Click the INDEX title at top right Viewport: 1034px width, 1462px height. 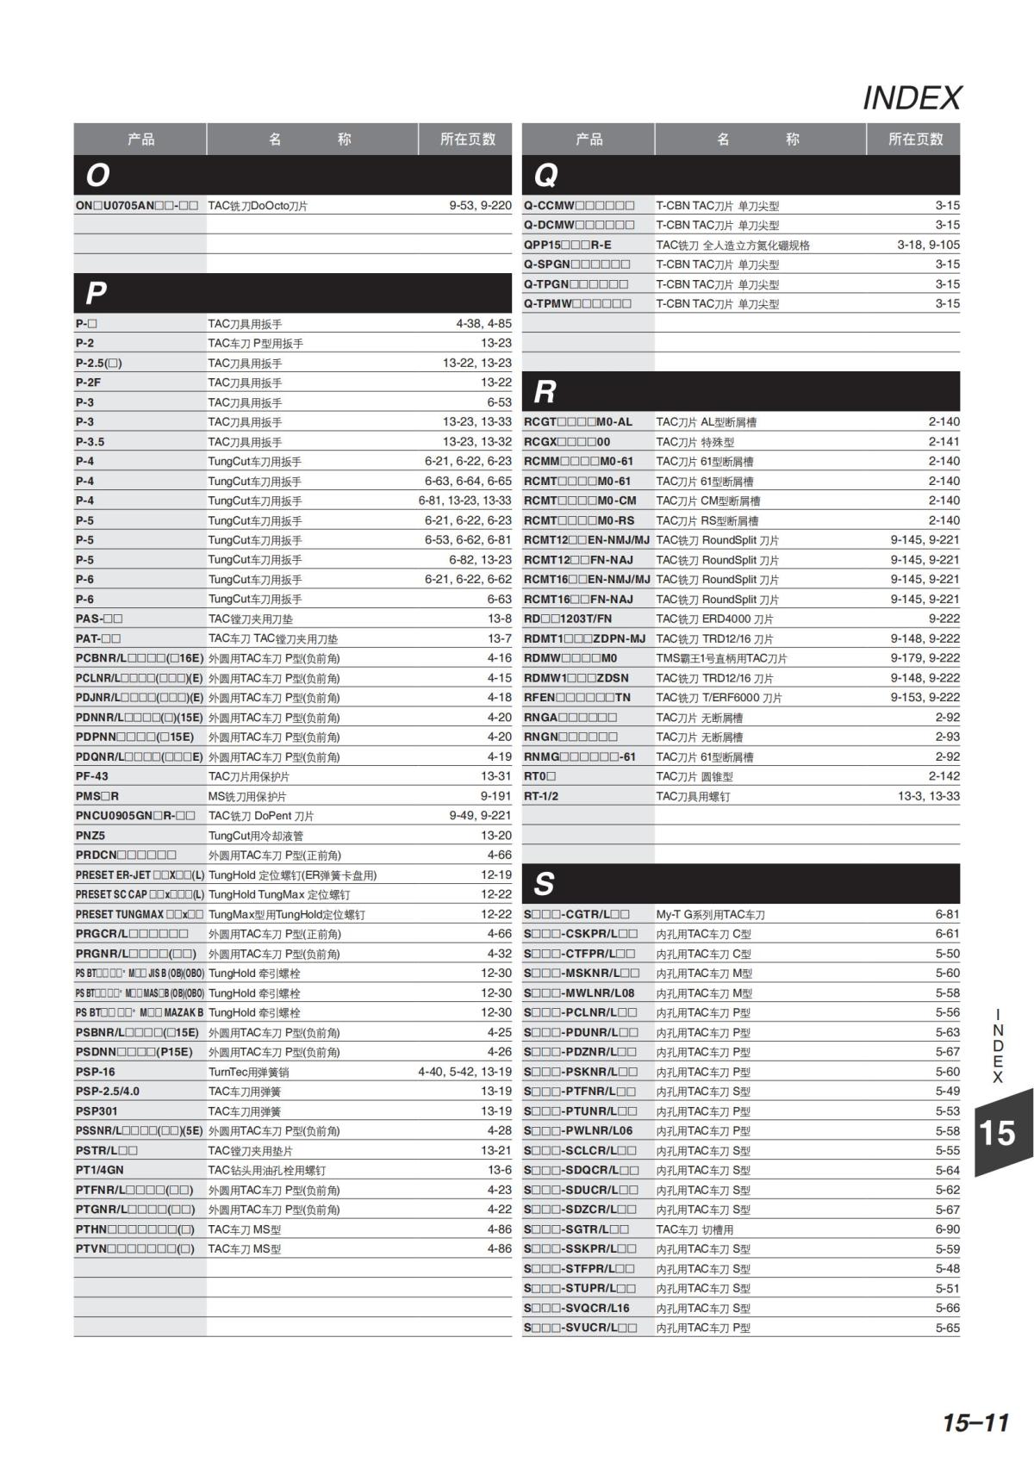(x=912, y=98)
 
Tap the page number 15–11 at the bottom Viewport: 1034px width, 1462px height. (x=975, y=1422)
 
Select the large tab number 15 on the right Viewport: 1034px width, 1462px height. (x=997, y=1132)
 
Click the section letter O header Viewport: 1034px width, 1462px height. (x=97, y=175)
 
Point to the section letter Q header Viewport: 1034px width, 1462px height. (x=545, y=175)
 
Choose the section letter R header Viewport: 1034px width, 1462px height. (x=545, y=392)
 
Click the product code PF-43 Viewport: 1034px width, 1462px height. (x=92, y=776)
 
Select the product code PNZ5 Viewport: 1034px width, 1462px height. (x=90, y=836)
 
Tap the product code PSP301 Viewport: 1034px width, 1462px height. (x=97, y=1111)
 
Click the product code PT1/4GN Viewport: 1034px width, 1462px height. (x=100, y=1170)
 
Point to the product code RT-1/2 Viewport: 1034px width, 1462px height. (x=541, y=796)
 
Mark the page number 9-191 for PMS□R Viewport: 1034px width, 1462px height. (x=495, y=796)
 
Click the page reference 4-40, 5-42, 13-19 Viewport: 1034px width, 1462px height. (x=464, y=1072)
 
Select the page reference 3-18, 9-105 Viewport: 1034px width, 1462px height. (x=928, y=245)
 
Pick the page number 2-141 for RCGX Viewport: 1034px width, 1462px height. (x=944, y=442)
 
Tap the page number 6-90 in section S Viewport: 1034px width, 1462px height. (x=947, y=1229)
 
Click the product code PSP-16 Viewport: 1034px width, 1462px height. (x=95, y=1072)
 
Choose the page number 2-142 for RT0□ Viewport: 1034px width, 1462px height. (x=944, y=776)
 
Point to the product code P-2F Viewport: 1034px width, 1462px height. (x=88, y=383)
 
